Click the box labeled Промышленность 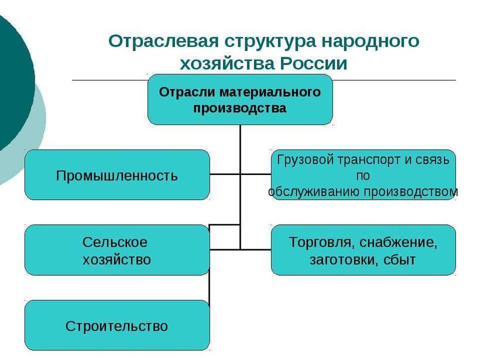pyautogui.click(x=116, y=175)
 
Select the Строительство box pyautogui.click(x=116, y=325)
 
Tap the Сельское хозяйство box pyautogui.click(x=116, y=250)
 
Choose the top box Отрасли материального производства pyautogui.click(x=240, y=100)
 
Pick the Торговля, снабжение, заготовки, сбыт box pyautogui.click(x=363, y=250)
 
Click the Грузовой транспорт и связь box pyautogui.click(x=363, y=175)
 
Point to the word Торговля pyautogui.click(x=320, y=242)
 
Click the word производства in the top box pyautogui.click(x=240, y=108)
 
